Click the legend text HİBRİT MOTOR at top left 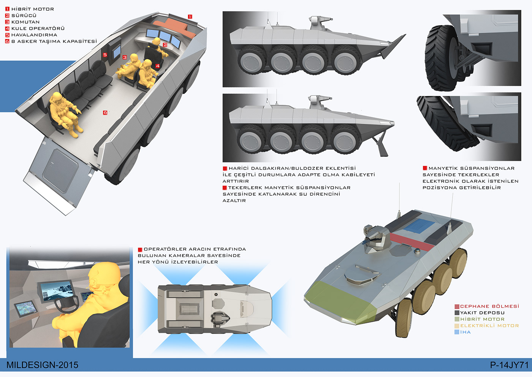point(33,9)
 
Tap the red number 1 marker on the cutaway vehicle point(190,17)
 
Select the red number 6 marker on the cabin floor point(105,112)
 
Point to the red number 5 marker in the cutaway point(105,55)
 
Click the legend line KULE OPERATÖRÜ point(38,29)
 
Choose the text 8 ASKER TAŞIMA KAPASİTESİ point(54,42)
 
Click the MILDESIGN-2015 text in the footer point(42,365)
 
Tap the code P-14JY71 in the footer point(509,365)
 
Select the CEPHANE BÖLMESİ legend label point(489,306)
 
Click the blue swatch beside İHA point(457,332)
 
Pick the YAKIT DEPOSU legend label point(482,313)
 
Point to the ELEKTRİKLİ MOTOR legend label point(489,326)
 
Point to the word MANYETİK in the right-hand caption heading point(443,168)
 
